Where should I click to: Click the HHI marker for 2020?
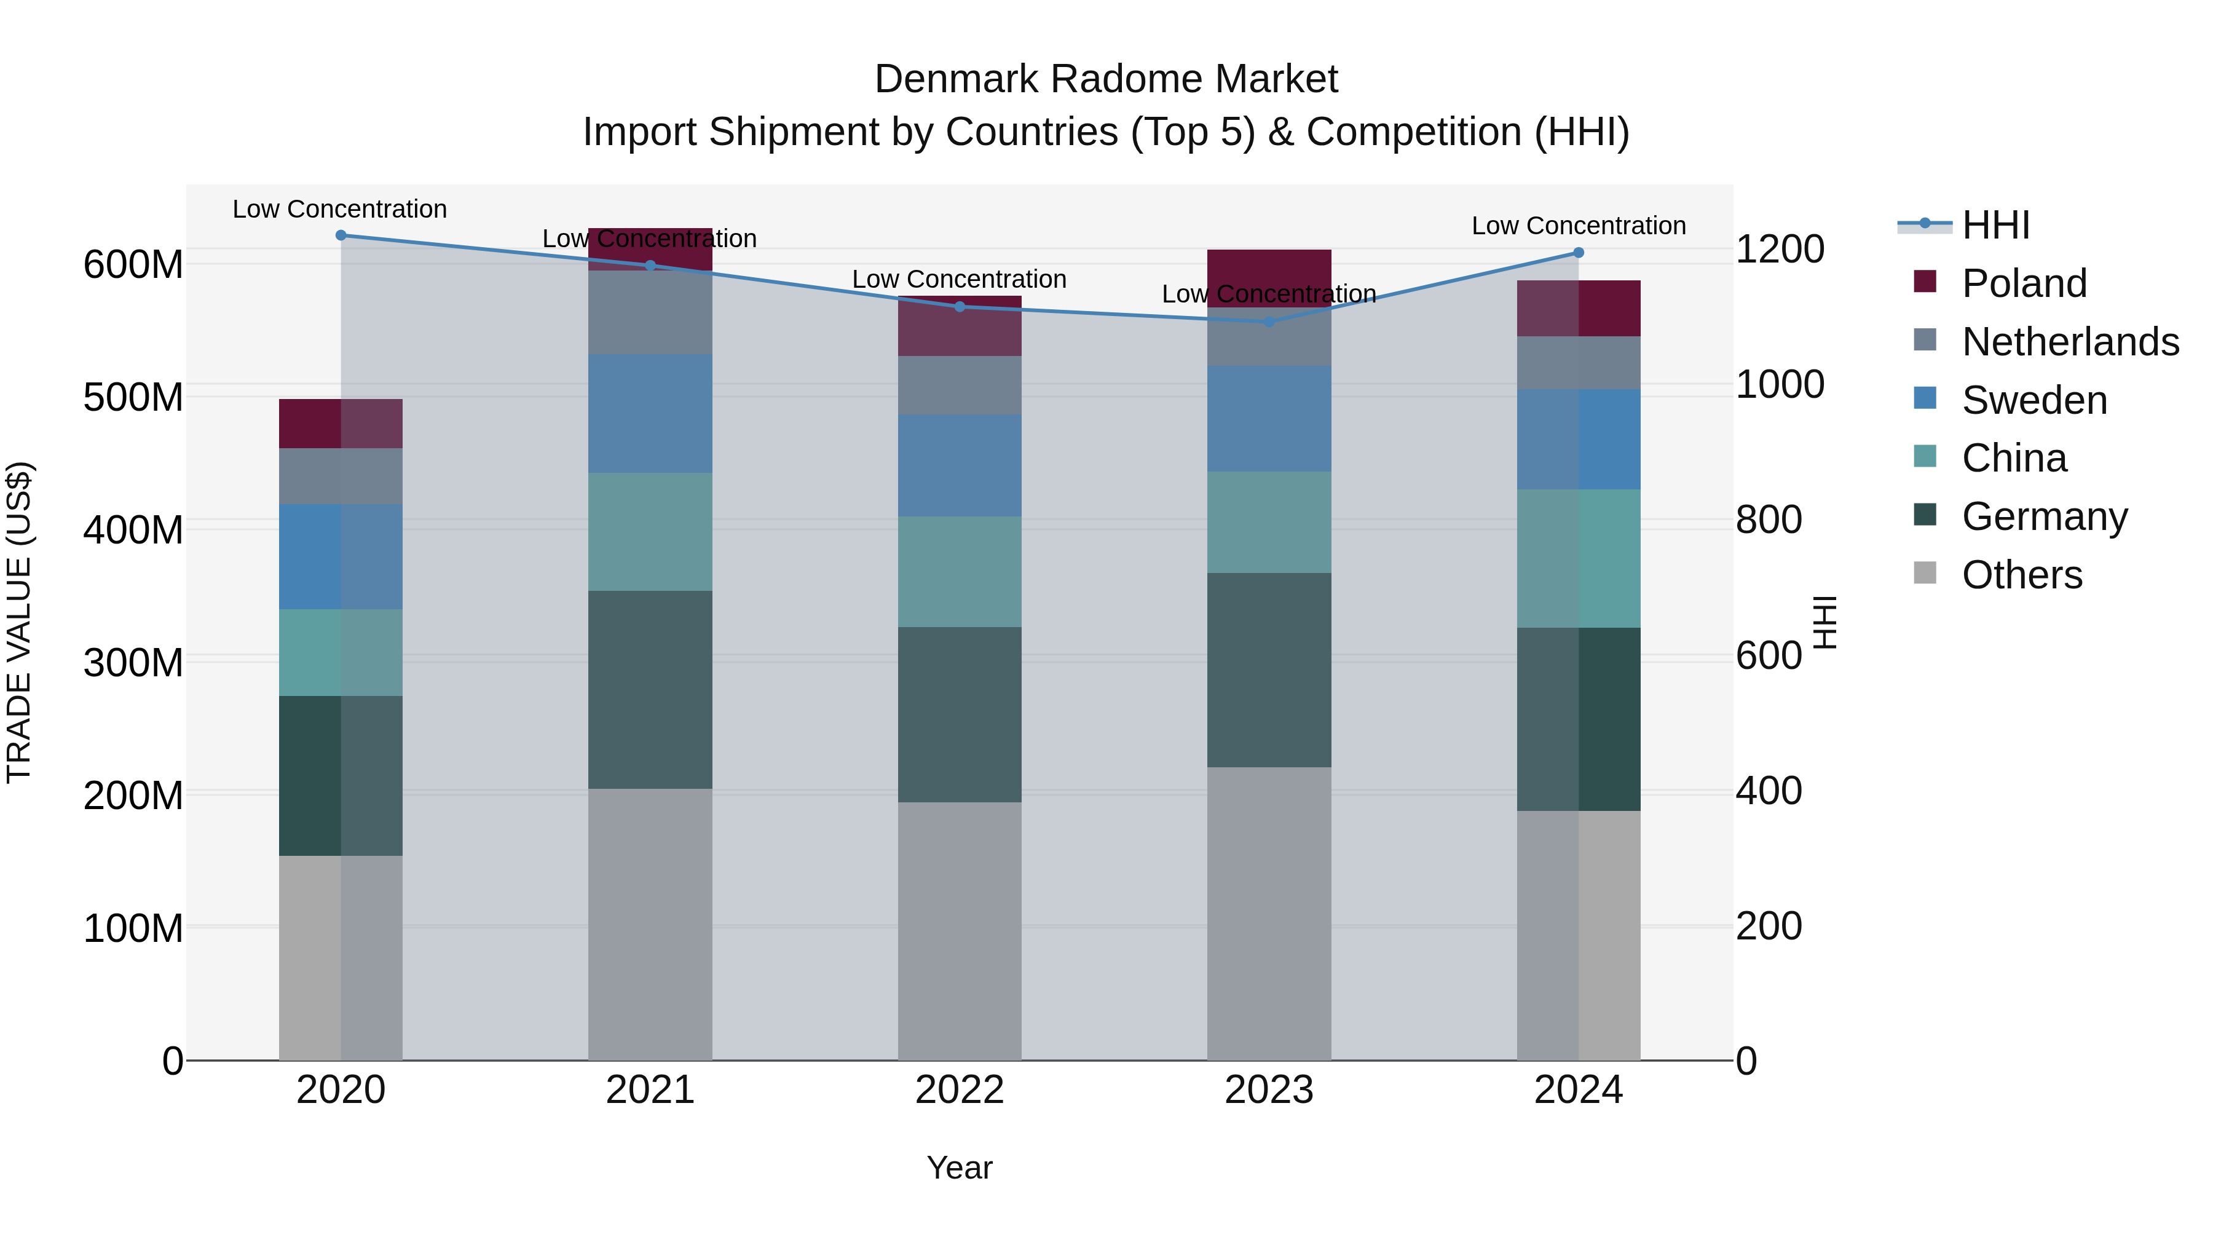(x=341, y=235)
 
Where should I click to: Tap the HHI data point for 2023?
(x=1269, y=322)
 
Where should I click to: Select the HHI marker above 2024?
(x=1578, y=253)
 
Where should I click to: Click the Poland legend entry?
(x=2024, y=283)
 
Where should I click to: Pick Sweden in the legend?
(x=2034, y=400)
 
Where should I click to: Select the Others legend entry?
(x=2022, y=574)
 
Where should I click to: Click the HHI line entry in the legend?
(x=1995, y=225)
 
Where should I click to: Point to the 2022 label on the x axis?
(x=960, y=1090)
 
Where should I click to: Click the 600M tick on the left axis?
(x=133, y=264)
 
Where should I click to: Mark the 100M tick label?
(x=133, y=928)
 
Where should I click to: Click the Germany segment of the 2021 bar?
(x=650, y=689)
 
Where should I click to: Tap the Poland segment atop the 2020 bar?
(x=341, y=424)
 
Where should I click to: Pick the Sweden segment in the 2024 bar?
(x=1578, y=439)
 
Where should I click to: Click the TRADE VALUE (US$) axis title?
(x=19, y=622)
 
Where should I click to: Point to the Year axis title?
(x=960, y=1168)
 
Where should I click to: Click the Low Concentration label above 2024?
(x=1578, y=226)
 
